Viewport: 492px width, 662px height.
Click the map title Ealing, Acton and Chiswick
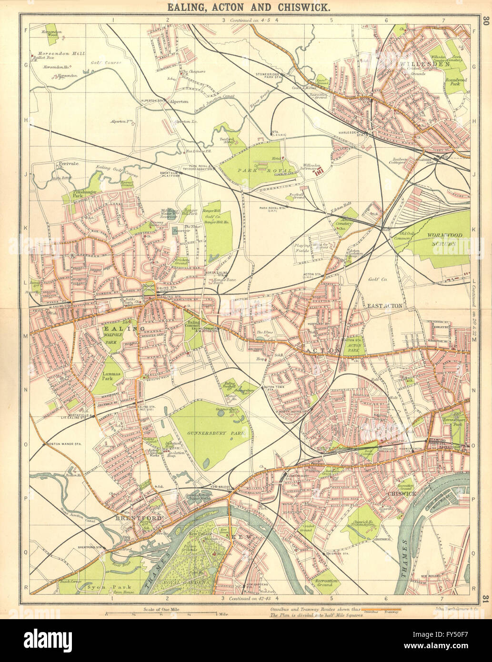click(246, 8)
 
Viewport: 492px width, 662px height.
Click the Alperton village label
click(181, 101)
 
